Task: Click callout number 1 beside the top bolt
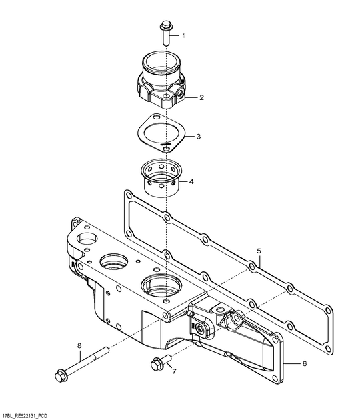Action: tap(184, 35)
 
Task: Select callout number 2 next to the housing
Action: tap(202, 97)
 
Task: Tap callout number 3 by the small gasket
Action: tap(199, 137)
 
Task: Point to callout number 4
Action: tap(191, 181)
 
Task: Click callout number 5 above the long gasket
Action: tap(259, 251)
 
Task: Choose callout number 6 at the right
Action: tap(304, 364)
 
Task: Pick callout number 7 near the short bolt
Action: tap(175, 371)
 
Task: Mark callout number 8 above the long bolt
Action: tap(79, 346)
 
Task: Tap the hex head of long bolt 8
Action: tap(61, 375)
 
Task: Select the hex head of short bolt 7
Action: tap(155, 365)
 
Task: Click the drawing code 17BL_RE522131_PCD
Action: tap(23, 416)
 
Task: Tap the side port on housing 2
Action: tap(180, 93)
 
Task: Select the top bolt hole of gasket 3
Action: tap(156, 117)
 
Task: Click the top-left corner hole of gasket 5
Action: tap(128, 194)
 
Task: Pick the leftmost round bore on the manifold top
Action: tap(87, 238)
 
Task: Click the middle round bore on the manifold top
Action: tap(114, 261)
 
